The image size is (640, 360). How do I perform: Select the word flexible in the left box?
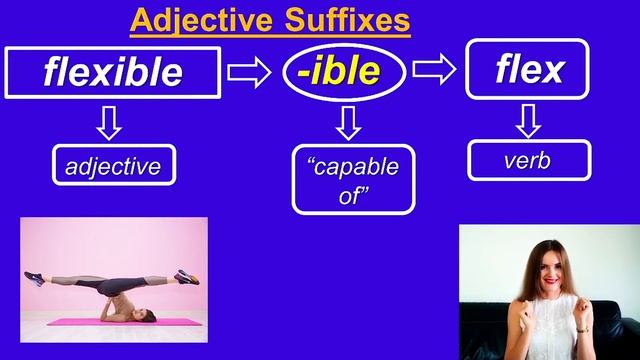coord(113,72)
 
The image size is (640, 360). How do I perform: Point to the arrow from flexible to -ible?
coord(249,71)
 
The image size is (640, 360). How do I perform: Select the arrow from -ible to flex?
coord(434,70)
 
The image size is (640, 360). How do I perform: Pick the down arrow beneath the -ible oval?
coord(347,123)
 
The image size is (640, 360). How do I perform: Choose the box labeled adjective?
coord(113,165)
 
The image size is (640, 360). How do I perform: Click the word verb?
coord(527,160)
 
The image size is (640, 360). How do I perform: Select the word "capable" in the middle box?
coord(352,166)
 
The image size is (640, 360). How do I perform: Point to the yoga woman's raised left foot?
coord(36,276)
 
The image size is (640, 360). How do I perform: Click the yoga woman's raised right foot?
coord(187,275)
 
